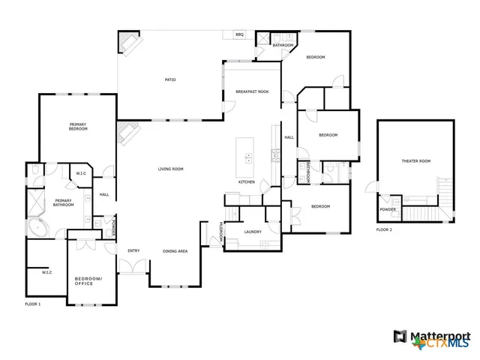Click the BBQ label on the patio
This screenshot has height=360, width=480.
240,34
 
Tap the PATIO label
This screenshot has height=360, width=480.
170,79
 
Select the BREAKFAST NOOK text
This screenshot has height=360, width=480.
253,91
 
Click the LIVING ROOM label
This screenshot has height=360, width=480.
170,169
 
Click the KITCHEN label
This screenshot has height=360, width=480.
247,182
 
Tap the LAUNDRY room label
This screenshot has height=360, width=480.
253,232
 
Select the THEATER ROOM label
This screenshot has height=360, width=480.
416,161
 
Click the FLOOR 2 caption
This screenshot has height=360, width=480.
385,230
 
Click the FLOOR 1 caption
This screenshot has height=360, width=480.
33,304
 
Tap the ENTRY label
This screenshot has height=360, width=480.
133,250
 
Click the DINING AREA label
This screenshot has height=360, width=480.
175,250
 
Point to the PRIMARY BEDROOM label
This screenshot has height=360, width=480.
78,127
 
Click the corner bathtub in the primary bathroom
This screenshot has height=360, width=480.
35,226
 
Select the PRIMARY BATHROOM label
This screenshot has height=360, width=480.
64,202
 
